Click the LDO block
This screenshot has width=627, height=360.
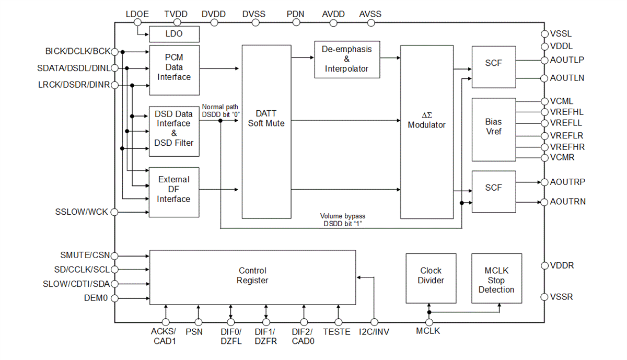click(x=174, y=34)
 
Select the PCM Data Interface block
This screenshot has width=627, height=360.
click(x=174, y=69)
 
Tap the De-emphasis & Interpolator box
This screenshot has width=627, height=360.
click(x=347, y=59)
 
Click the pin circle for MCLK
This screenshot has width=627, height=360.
click(x=429, y=322)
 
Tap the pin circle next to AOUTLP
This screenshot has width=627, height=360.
click(x=544, y=60)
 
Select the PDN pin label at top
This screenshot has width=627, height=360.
click(x=295, y=14)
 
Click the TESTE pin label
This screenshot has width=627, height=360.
click(x=336, y=332)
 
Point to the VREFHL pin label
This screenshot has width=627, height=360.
click(x=567, y=112)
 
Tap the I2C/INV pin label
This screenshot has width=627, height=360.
click(x=374, y=332)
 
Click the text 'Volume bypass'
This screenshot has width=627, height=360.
click(x=343, y=216)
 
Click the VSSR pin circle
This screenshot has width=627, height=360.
click(x=544, y=297)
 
